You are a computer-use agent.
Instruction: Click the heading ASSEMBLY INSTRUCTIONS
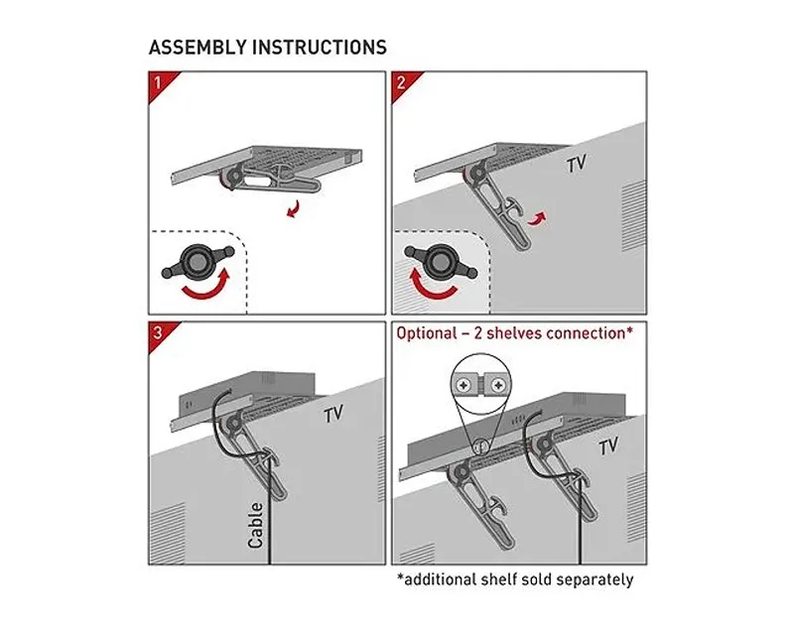click(x=267, y=47)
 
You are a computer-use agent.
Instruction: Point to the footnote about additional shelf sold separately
click(x=514, y=579)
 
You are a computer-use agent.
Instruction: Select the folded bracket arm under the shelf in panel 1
click(x=278, y=182)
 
